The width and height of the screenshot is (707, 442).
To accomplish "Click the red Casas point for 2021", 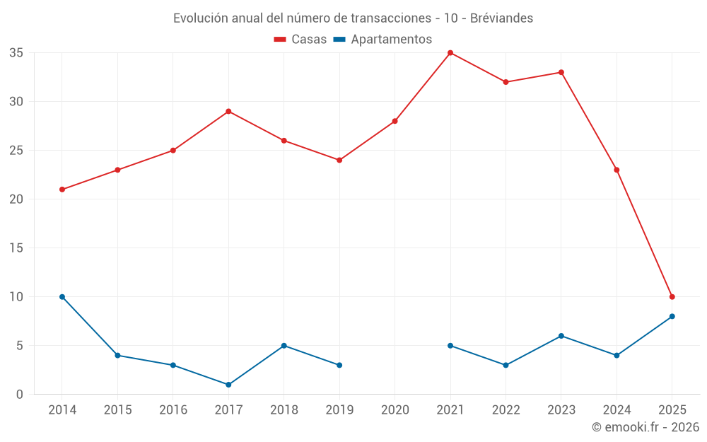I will pyautogui.click(x=450, y=53).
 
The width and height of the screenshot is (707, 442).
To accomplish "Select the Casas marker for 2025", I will pyautogui.click(x=672, y=297).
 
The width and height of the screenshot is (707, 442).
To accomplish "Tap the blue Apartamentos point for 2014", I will pyautogui.click(x=62, y=297).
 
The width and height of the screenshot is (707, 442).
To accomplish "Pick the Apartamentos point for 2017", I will pyautogui.click(x=228, y=385).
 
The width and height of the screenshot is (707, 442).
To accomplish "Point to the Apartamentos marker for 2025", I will pyautogui.click(x=672, y=316).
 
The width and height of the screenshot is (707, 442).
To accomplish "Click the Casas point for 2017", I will pyautogui.click(x=228, y=112).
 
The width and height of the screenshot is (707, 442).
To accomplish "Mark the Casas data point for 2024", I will pyautogui.click(x=617, y=170).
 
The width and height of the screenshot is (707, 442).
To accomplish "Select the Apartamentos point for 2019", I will pyautogui.click(x=339, y=365).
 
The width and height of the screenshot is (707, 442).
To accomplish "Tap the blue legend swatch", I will pyautogui.click(x=339, y=40).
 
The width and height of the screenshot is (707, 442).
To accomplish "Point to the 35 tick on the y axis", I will pyautogui.click(x=16, y=53).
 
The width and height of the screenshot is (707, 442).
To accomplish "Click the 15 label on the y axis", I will pyautogui.click(x=16, y=248).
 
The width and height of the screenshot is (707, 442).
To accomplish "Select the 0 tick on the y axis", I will pyautogui.click(x=20, y=395).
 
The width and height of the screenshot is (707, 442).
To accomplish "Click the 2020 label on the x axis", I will pyautogui.click(x=395, y=410).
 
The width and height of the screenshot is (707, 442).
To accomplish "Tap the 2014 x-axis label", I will pyautogui.click(x=62, y=410).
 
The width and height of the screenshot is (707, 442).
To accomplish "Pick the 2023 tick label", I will pyautogui.click(x=561, y=410).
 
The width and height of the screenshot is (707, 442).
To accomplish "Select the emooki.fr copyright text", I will pyautogui.click(x=645, y=427).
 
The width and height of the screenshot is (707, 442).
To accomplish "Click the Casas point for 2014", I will pyautogui.click(x=62, y=190).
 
